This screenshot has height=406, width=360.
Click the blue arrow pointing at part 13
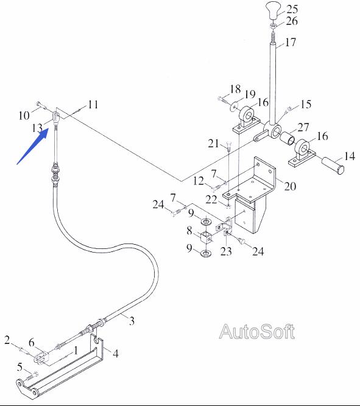pos(32,146)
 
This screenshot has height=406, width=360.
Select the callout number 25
pos(292,9)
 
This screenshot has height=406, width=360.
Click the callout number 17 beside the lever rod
pos(291,42)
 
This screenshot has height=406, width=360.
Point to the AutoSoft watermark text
pos(257,331)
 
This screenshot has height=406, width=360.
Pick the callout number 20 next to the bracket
pos(290,186)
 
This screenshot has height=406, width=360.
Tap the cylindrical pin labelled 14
pos(333,166)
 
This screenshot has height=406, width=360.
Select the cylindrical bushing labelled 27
pos(288,138)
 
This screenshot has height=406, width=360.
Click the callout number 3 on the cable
pos(132,321)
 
